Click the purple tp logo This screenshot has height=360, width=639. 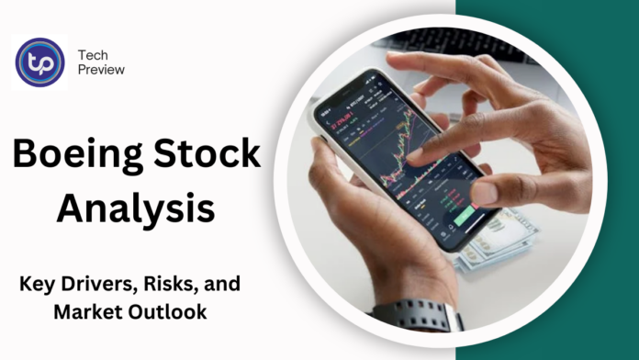(x=40, y=62)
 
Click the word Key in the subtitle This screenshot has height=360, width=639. (x=37, y=285)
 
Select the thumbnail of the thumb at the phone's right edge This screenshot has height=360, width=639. (x=485, y=191)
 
